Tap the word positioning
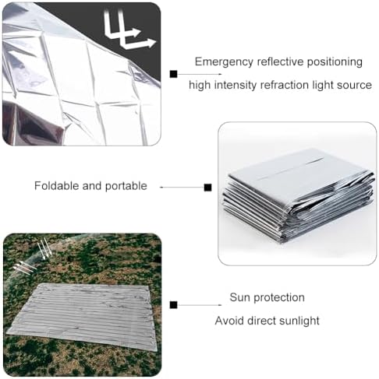pos(335,62)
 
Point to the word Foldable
pos(57,186)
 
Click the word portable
pos(126,186)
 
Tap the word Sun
pos(239,297)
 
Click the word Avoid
pos(229,321)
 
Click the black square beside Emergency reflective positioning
pos(173,74)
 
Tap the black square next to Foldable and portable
pos(207,188)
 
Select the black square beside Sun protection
pos(173,305)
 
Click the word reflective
pos(280,62)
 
